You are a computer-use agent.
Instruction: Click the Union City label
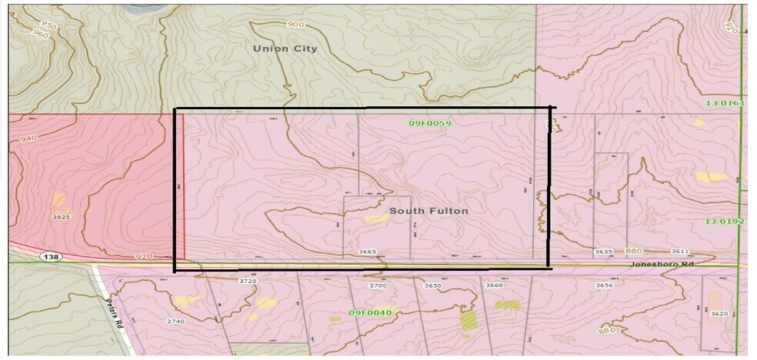(x=285, y=48)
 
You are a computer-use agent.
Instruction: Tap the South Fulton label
(x=429, y=210)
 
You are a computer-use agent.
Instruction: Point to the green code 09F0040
(x=371, y=312)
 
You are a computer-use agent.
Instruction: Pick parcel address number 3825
(x=61, y=218)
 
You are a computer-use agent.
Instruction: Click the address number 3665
(x=368, y=252)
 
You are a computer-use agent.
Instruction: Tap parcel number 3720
(x=248, y=282)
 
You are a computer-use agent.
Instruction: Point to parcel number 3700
(x=378, y=285)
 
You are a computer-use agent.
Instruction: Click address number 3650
(x=433, y=285)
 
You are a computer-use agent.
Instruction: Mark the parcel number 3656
(x=604, y=285)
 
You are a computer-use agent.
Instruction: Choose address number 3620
(x=719, y=314)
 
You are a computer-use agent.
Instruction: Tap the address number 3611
(x=680, y=252)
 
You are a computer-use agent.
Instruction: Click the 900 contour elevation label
(x=295, y=25)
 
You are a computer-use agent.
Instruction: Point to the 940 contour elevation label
(x=28, y=138)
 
